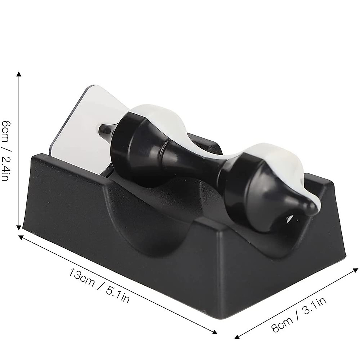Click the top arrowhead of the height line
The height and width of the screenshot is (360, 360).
point(19,74)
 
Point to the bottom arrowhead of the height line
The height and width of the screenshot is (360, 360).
point(19,227)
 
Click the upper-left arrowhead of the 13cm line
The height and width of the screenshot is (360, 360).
point(21,237)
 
